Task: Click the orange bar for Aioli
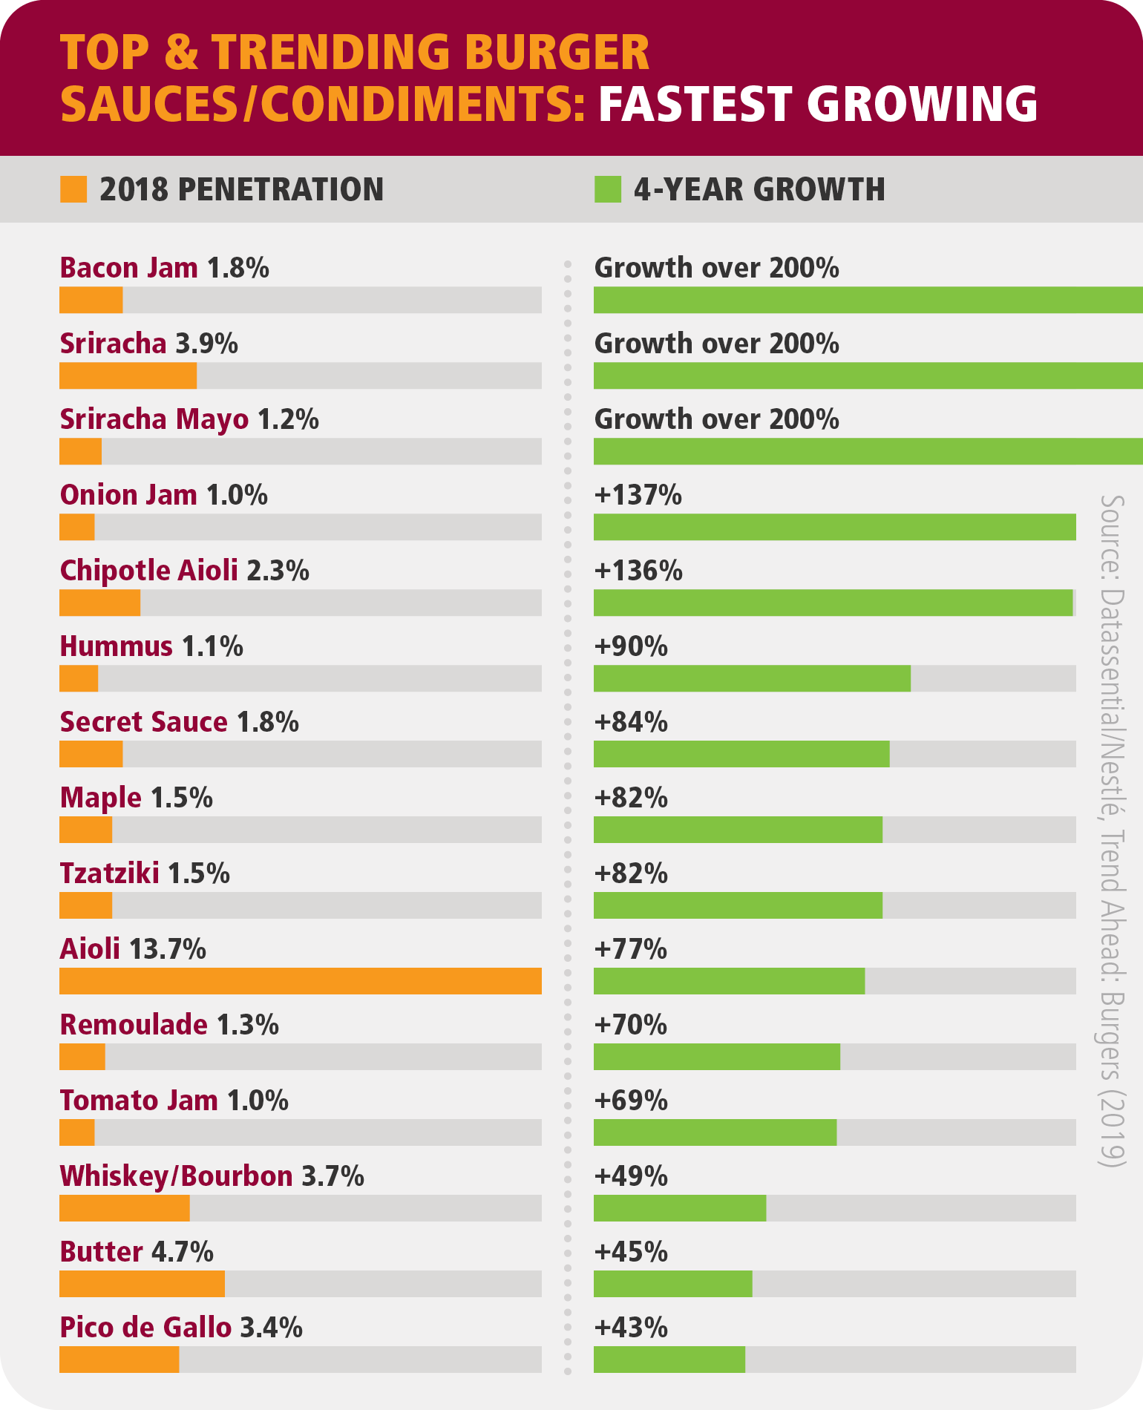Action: click(300, 980)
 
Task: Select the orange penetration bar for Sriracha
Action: click(128, 376)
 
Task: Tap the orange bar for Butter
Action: click(142, 1283)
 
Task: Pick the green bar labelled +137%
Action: click(834, 527)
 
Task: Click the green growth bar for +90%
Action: click(752, 678)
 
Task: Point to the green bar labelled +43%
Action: click(669, 1359)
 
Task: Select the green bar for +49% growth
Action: click(679, 1207)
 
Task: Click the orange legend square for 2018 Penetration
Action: click(73, 189)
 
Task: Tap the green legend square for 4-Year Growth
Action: click(607, 189)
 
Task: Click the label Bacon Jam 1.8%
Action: click(164, 268)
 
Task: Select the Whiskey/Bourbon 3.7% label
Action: click(212, 1176)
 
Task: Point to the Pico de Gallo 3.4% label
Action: click(181, 1328)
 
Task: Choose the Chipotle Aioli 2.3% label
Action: click(184, 571)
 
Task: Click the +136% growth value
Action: click(638, 571)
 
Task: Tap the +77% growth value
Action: click(630, 949)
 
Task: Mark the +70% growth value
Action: click(630, 1025)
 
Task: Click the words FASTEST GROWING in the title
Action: click(817, 103)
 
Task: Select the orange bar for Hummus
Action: click(79, 678)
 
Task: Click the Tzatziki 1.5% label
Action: click(145, 873)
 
